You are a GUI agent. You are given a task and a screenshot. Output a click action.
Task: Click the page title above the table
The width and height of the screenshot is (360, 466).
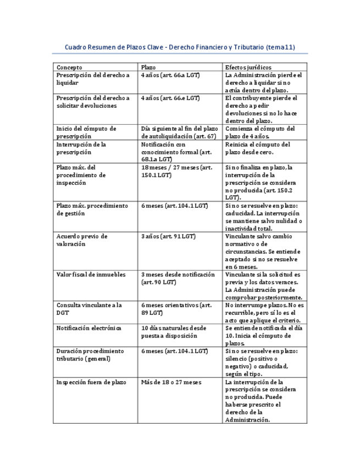(180, 47)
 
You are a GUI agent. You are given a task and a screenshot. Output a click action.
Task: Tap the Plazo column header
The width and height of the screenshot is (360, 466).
(148, 66)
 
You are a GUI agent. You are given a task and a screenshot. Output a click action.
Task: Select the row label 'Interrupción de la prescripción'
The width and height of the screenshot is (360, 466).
(81, 148)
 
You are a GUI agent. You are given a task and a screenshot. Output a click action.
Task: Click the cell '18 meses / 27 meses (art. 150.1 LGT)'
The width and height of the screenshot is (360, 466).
(176, 171)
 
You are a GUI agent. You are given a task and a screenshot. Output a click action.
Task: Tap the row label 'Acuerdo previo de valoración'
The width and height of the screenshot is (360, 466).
(82, 240)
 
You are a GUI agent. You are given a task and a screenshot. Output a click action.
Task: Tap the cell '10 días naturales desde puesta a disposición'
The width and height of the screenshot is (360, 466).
(174, 331)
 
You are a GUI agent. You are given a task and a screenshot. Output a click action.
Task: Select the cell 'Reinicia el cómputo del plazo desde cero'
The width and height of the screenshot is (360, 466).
(260, 148)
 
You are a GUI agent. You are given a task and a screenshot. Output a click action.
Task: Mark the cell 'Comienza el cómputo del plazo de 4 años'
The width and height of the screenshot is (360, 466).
(260, 132)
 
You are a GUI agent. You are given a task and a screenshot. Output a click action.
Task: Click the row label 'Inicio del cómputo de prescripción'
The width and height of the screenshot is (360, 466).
(86, 132)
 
